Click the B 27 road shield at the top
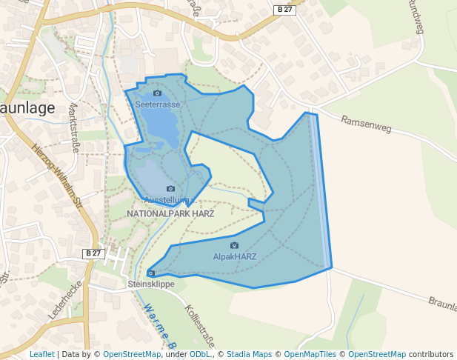(284, 9)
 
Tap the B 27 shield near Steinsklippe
(93, 253)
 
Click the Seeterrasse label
(158, 104)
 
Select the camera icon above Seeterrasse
(157, 93)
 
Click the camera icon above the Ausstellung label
(170, 189)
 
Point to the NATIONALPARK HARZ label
(170, 213)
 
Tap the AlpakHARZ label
(235, 256)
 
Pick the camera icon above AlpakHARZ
(235, 245)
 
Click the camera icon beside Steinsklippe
(151, 273)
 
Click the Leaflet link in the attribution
(41, 354)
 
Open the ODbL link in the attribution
(199, 354)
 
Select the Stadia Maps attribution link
(248, 354)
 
